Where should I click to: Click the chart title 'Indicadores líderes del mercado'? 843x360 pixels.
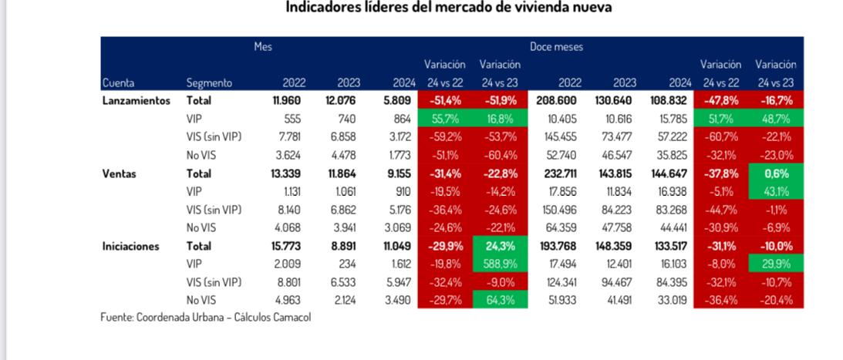coord(450,8)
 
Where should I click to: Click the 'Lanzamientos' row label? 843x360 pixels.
coord(136,100)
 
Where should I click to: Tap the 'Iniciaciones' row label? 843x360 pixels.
coord(131,247)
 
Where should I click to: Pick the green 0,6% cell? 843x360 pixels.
coord(776,173)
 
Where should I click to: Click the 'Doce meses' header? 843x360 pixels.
coord(556,47)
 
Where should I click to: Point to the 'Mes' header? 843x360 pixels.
coord(263,47)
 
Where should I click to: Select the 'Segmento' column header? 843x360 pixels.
coord(209,82)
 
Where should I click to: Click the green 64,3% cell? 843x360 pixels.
coord(500,301)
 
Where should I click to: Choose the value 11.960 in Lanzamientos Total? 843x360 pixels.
coord(285,100)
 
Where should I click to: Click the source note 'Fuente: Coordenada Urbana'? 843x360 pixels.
coord(206,318)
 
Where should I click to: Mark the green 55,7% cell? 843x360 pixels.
coord(444,119)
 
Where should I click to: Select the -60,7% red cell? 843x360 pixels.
coord(720,137)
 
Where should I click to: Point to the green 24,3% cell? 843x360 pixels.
coord(500,247)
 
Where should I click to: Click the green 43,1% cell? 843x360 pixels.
coord(776,192)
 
